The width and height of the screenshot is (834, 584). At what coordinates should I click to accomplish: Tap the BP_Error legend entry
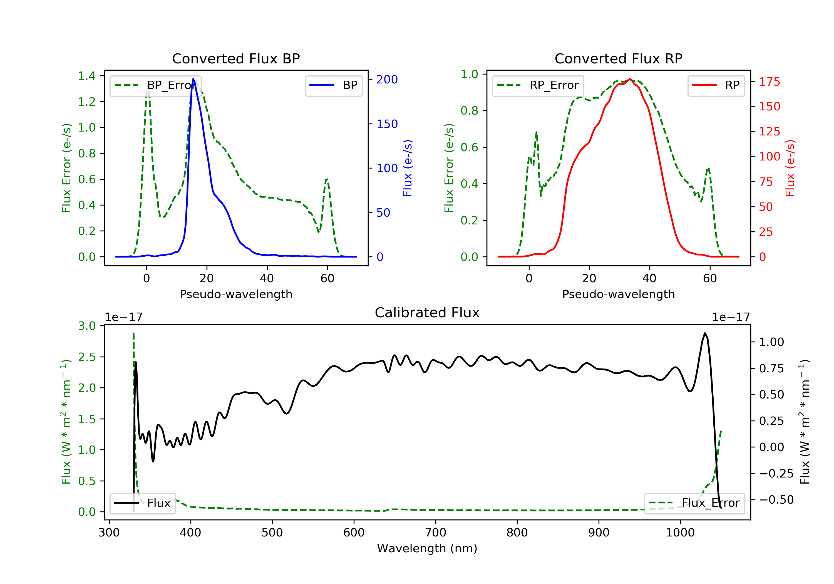[155, 86]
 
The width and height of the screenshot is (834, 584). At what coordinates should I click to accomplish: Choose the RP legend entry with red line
[716, 86]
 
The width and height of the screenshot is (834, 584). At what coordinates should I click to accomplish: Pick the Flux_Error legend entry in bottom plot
[694, 503]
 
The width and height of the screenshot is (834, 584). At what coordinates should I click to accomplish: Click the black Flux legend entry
[142, 503]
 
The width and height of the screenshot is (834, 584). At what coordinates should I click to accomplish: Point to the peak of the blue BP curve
[193, 79]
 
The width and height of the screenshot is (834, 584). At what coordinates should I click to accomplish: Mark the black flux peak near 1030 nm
[705, 333]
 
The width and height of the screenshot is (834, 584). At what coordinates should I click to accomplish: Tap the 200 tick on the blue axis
[387, 79]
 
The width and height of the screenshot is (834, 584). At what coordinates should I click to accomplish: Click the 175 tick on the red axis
[769, 81]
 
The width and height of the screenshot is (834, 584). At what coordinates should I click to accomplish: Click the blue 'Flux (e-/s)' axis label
[408, 168]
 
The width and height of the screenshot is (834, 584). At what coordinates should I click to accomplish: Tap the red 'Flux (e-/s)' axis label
[790, 168]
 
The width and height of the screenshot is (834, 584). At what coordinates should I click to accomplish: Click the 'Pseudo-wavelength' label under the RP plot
[618, 294]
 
